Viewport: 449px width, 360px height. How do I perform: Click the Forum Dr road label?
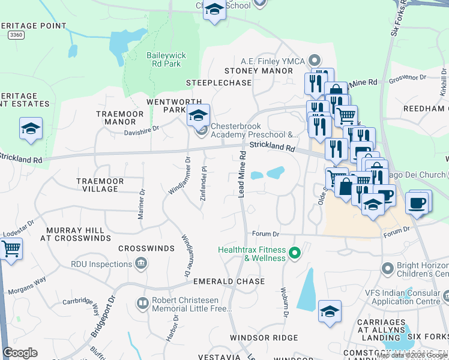(266, 234)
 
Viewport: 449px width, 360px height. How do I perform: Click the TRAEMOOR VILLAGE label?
(100, 185)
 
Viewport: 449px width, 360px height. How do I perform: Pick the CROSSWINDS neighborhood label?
(142, 248)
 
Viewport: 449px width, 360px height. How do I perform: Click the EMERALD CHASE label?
(229, 281)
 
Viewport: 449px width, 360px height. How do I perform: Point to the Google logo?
(20, 353)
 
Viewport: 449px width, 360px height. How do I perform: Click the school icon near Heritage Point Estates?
(31, 128)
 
